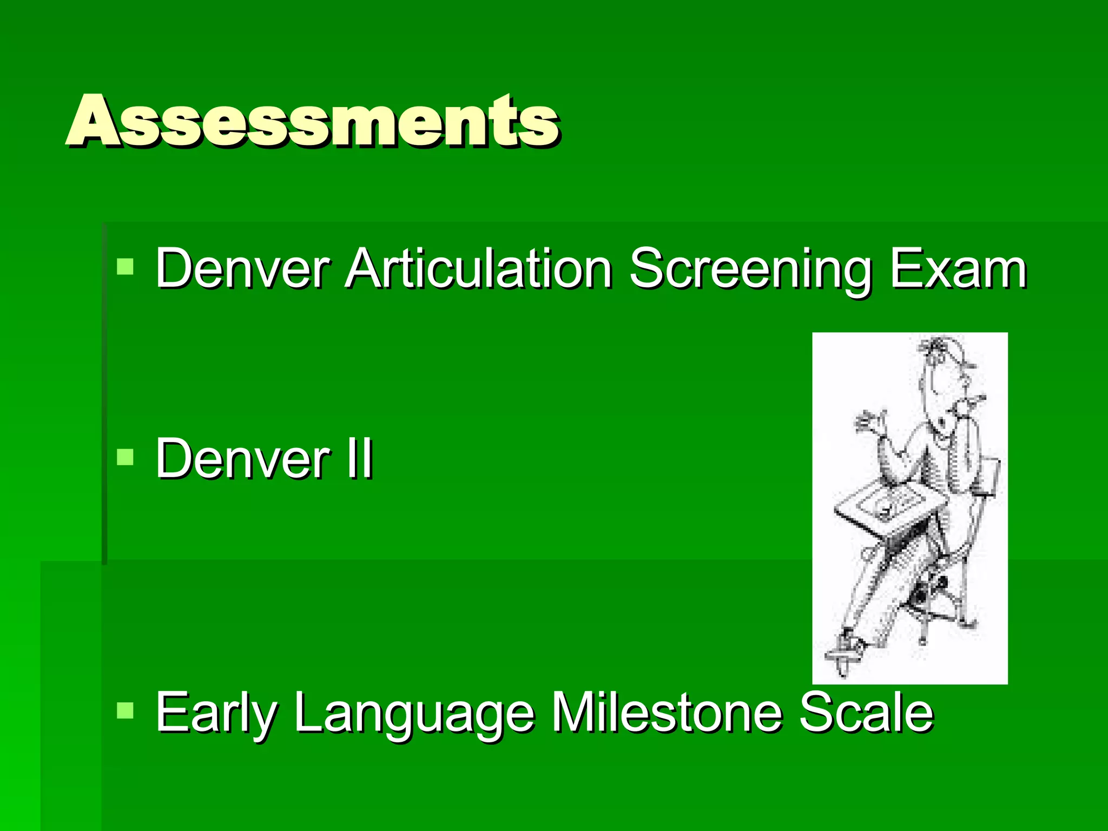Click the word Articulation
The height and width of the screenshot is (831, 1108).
(478, 269)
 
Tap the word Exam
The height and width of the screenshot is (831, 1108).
(958, 269)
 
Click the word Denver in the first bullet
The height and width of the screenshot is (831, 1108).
(242, 269)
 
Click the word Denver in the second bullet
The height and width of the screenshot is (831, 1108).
(242, 459)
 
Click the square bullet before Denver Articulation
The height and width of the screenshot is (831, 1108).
(125, 267)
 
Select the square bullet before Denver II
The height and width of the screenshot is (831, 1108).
(125, 457)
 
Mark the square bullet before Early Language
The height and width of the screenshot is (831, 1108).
(125, 710)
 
